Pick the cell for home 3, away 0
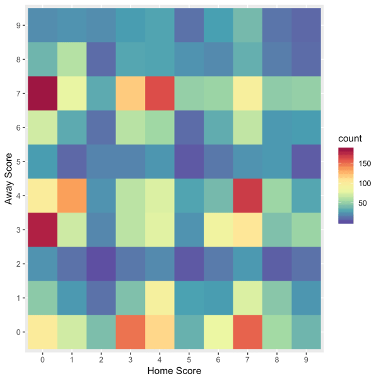click(129, 332)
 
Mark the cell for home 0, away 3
click(42, 230)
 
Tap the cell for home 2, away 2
click(100, 264)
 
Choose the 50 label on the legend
click(364, 203)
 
